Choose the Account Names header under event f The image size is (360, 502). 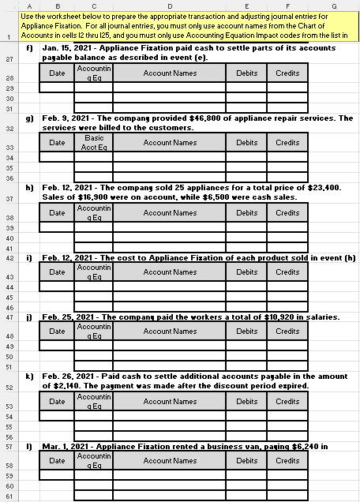pyautogui.click(x=170, y=73)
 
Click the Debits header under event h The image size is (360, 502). pyautogui.click(x=246, y=212)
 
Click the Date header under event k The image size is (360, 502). pyautogui.click(x=57, y=402)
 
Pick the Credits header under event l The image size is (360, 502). pyautogui.click(x=287, y=461)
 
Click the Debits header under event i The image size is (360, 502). pyautogui.click(x=246, y=272)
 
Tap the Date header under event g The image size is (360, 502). pyautogui.click(x=57, y=143)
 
